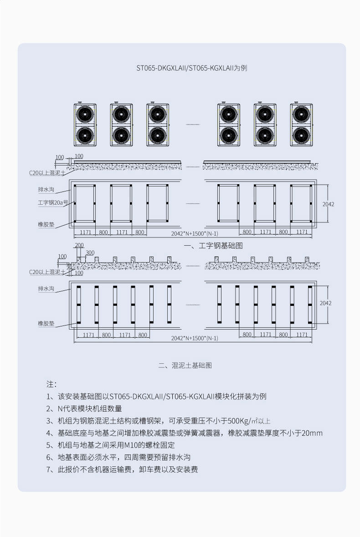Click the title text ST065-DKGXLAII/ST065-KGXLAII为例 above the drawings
click(x=192, y=68)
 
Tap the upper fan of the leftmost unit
click(x=85, y=114)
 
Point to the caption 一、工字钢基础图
click(x=213, y=246)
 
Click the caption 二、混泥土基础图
click(x=185, y=366)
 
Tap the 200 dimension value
click(x=79, y=245)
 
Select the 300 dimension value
click(x=90, y=253)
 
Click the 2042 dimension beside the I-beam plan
click(x=328, y=204)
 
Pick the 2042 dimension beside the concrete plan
click(x=325, y=303)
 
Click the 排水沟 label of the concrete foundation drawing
click(x=46, y=289)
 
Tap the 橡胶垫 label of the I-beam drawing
click(x=46, y=225)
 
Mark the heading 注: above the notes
click(x=51, y=384)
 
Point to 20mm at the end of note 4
click(x=312, y=433)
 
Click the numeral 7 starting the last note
click(x=48, y=470)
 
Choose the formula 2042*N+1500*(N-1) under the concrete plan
click(x=195, y=338)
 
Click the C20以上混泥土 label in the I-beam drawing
click(x=47, y=173)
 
